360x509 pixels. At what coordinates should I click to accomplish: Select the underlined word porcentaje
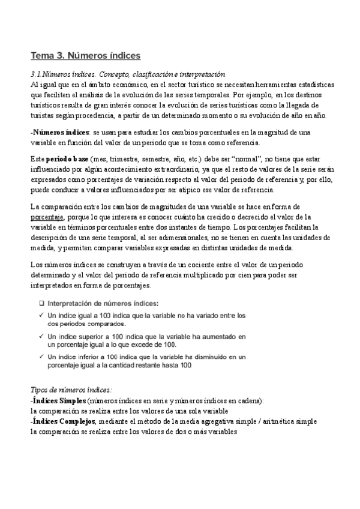[47, 217]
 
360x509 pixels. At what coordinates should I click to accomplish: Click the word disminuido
[214, 357]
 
